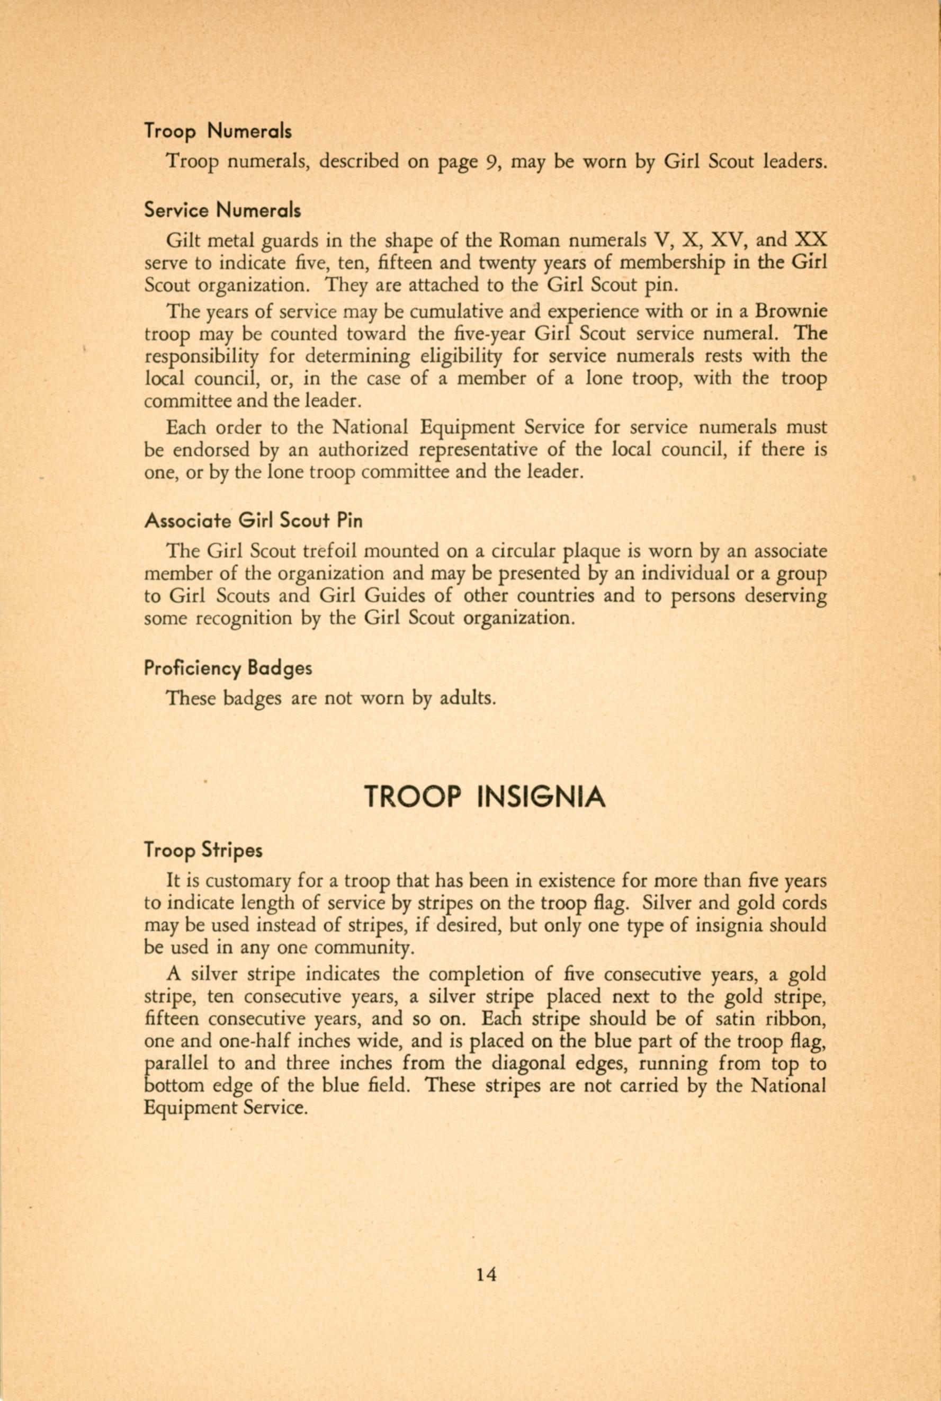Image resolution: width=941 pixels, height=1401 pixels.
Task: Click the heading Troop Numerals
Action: coord(218,131)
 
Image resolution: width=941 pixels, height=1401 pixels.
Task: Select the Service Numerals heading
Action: coord(222,211)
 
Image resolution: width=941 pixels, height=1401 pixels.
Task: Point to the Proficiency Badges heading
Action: coord(228,668)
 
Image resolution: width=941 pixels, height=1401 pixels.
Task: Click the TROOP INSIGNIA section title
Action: coord(485,797)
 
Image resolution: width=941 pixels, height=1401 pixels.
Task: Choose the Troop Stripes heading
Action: coord(203,851)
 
